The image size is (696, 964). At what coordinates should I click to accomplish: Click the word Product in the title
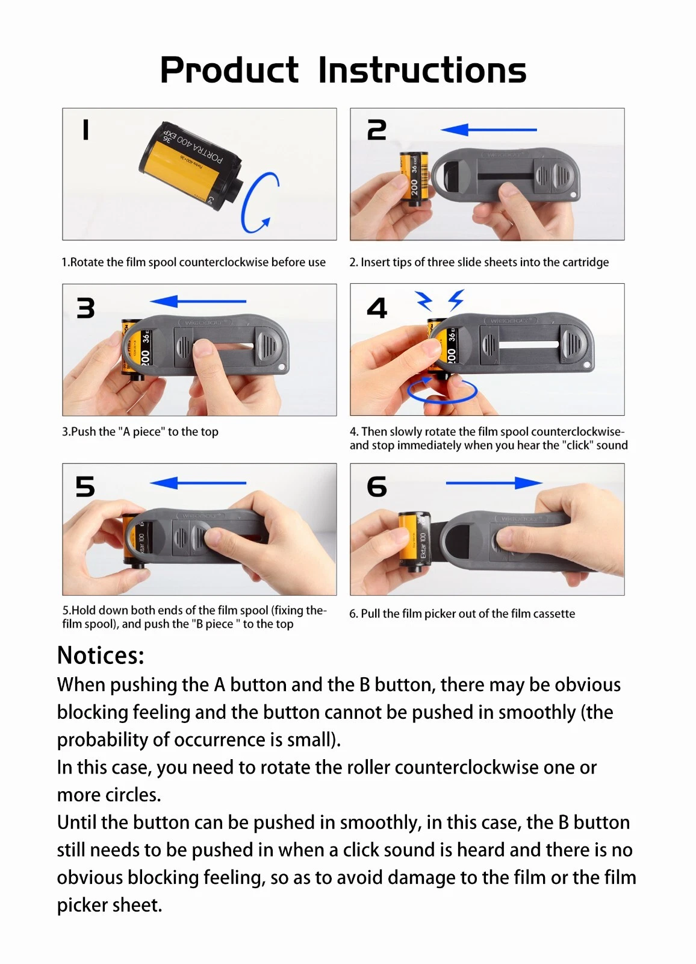pyautogui.click(x=229, y=70)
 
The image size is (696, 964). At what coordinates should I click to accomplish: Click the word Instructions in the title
pyautogui.click(x=423, y=70)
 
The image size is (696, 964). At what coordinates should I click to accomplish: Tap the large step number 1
pyautogui.click(x=85, y=130)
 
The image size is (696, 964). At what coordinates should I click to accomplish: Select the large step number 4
pyautogui.click(x=377, y=308)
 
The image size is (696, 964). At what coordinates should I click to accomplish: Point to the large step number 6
pyautogui.click(x=377, y=487)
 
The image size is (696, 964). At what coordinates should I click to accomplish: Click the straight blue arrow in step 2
pyautogui.click(x=489, y=129)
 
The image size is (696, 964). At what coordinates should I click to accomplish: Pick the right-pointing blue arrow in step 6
pyautogui.click(x=494, y=483)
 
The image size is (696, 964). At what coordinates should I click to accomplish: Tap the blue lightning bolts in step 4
pyautogui.click(x=440, y=300)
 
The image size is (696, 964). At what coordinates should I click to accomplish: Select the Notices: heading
pyautogui.click(x=101, y=656)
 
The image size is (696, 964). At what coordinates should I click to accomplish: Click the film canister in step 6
pyautogui.click(x=415, y=540)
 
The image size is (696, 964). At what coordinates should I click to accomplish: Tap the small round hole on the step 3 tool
pyautogui.click(x=282, y=367)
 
